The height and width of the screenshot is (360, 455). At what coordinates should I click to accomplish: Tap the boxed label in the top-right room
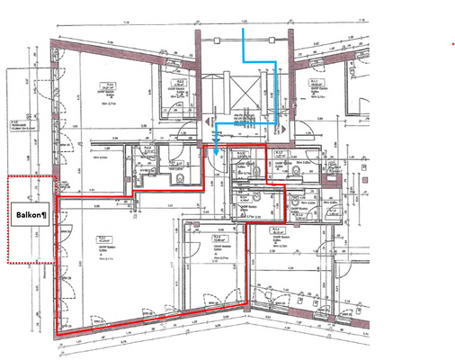point(317,83)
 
